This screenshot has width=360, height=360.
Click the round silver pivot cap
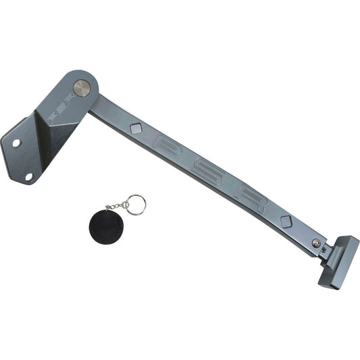(81, 88)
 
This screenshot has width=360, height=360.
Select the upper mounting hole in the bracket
(17, 143)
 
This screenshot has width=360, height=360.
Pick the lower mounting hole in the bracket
(29, 176)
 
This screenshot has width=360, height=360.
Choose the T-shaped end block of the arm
(338, 260)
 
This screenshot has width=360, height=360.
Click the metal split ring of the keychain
(135, 205)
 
